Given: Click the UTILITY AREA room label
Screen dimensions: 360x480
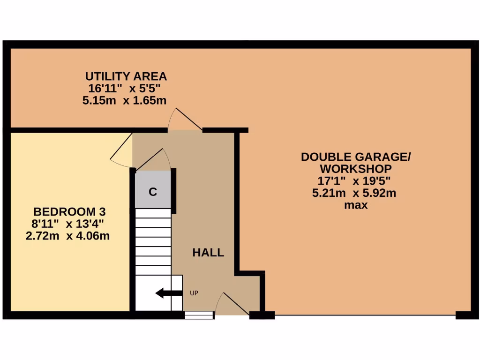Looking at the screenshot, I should tap(126, 76).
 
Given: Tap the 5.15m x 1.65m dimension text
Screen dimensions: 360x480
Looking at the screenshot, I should tap(124, 100).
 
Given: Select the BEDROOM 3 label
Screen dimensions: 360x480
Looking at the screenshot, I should tap(66, 211).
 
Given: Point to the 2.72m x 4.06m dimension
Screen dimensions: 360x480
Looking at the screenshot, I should tap(67, 236).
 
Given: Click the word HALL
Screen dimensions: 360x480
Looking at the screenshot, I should tap(208, 253).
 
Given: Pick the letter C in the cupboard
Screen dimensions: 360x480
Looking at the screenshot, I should tap(152, 192).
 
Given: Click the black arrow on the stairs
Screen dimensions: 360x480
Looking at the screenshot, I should tap(168, 293).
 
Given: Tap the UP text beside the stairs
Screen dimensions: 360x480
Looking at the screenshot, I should tap(194, 293).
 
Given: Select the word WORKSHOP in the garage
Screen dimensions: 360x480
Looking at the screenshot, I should tap(355, 168).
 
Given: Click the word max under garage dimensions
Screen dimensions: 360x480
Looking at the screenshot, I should tap(355, 205).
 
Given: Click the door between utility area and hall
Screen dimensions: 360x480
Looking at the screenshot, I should tap(184, 120).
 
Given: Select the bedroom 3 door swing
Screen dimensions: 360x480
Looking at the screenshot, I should tap(121, 149).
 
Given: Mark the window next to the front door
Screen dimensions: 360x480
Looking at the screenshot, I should tap(199, 315).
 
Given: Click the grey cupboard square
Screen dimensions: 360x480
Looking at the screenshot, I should tap(153, 189).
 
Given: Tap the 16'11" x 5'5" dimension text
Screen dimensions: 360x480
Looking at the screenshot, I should tap(124, 88).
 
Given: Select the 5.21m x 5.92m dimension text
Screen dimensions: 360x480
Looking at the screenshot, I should tap(354, 193).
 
